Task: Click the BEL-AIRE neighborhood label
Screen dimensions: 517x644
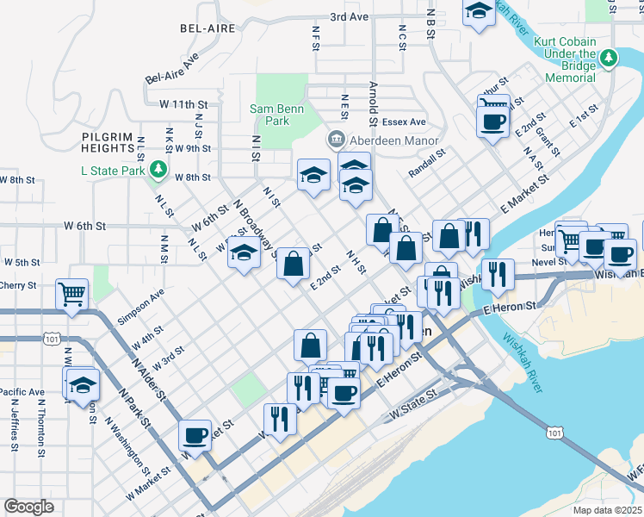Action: [x=207, y=28]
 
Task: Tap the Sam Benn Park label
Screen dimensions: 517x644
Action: [x=274, y=115]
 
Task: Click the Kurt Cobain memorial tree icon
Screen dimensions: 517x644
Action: [x=609, y=58]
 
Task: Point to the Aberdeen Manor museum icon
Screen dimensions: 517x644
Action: [x=336, y=140]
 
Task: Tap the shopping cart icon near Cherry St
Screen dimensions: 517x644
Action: [x=71, y=293]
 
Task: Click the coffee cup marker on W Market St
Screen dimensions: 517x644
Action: [x=195, y=434]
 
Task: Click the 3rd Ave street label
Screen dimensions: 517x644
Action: [x=349, y=16]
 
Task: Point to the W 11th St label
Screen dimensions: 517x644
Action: [x=184, y=104]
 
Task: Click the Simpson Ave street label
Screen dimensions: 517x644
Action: [x=141, y=305]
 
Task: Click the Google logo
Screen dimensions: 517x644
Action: [x=28, y=507]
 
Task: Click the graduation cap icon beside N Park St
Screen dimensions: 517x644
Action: [x=83, y=385]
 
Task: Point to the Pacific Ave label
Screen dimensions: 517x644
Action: [x=22, y=392]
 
